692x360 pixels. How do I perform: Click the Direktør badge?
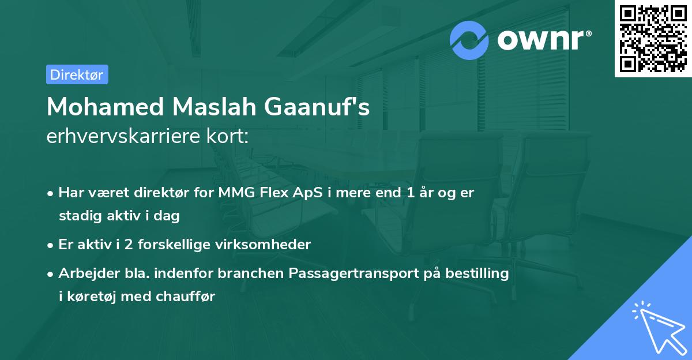77,74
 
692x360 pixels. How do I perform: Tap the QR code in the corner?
653,39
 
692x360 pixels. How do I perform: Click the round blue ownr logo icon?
469,40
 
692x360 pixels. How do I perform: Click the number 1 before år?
410,193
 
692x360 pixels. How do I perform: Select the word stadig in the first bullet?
78,216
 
